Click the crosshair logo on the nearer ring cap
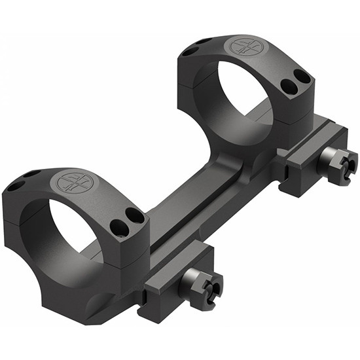[x=74, y=182]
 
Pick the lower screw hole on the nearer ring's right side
[x=120, y=227]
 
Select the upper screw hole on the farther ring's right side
[x=303, y=77]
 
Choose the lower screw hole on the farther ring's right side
[x=289, y=86]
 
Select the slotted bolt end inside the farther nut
[x=346, y=160]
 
